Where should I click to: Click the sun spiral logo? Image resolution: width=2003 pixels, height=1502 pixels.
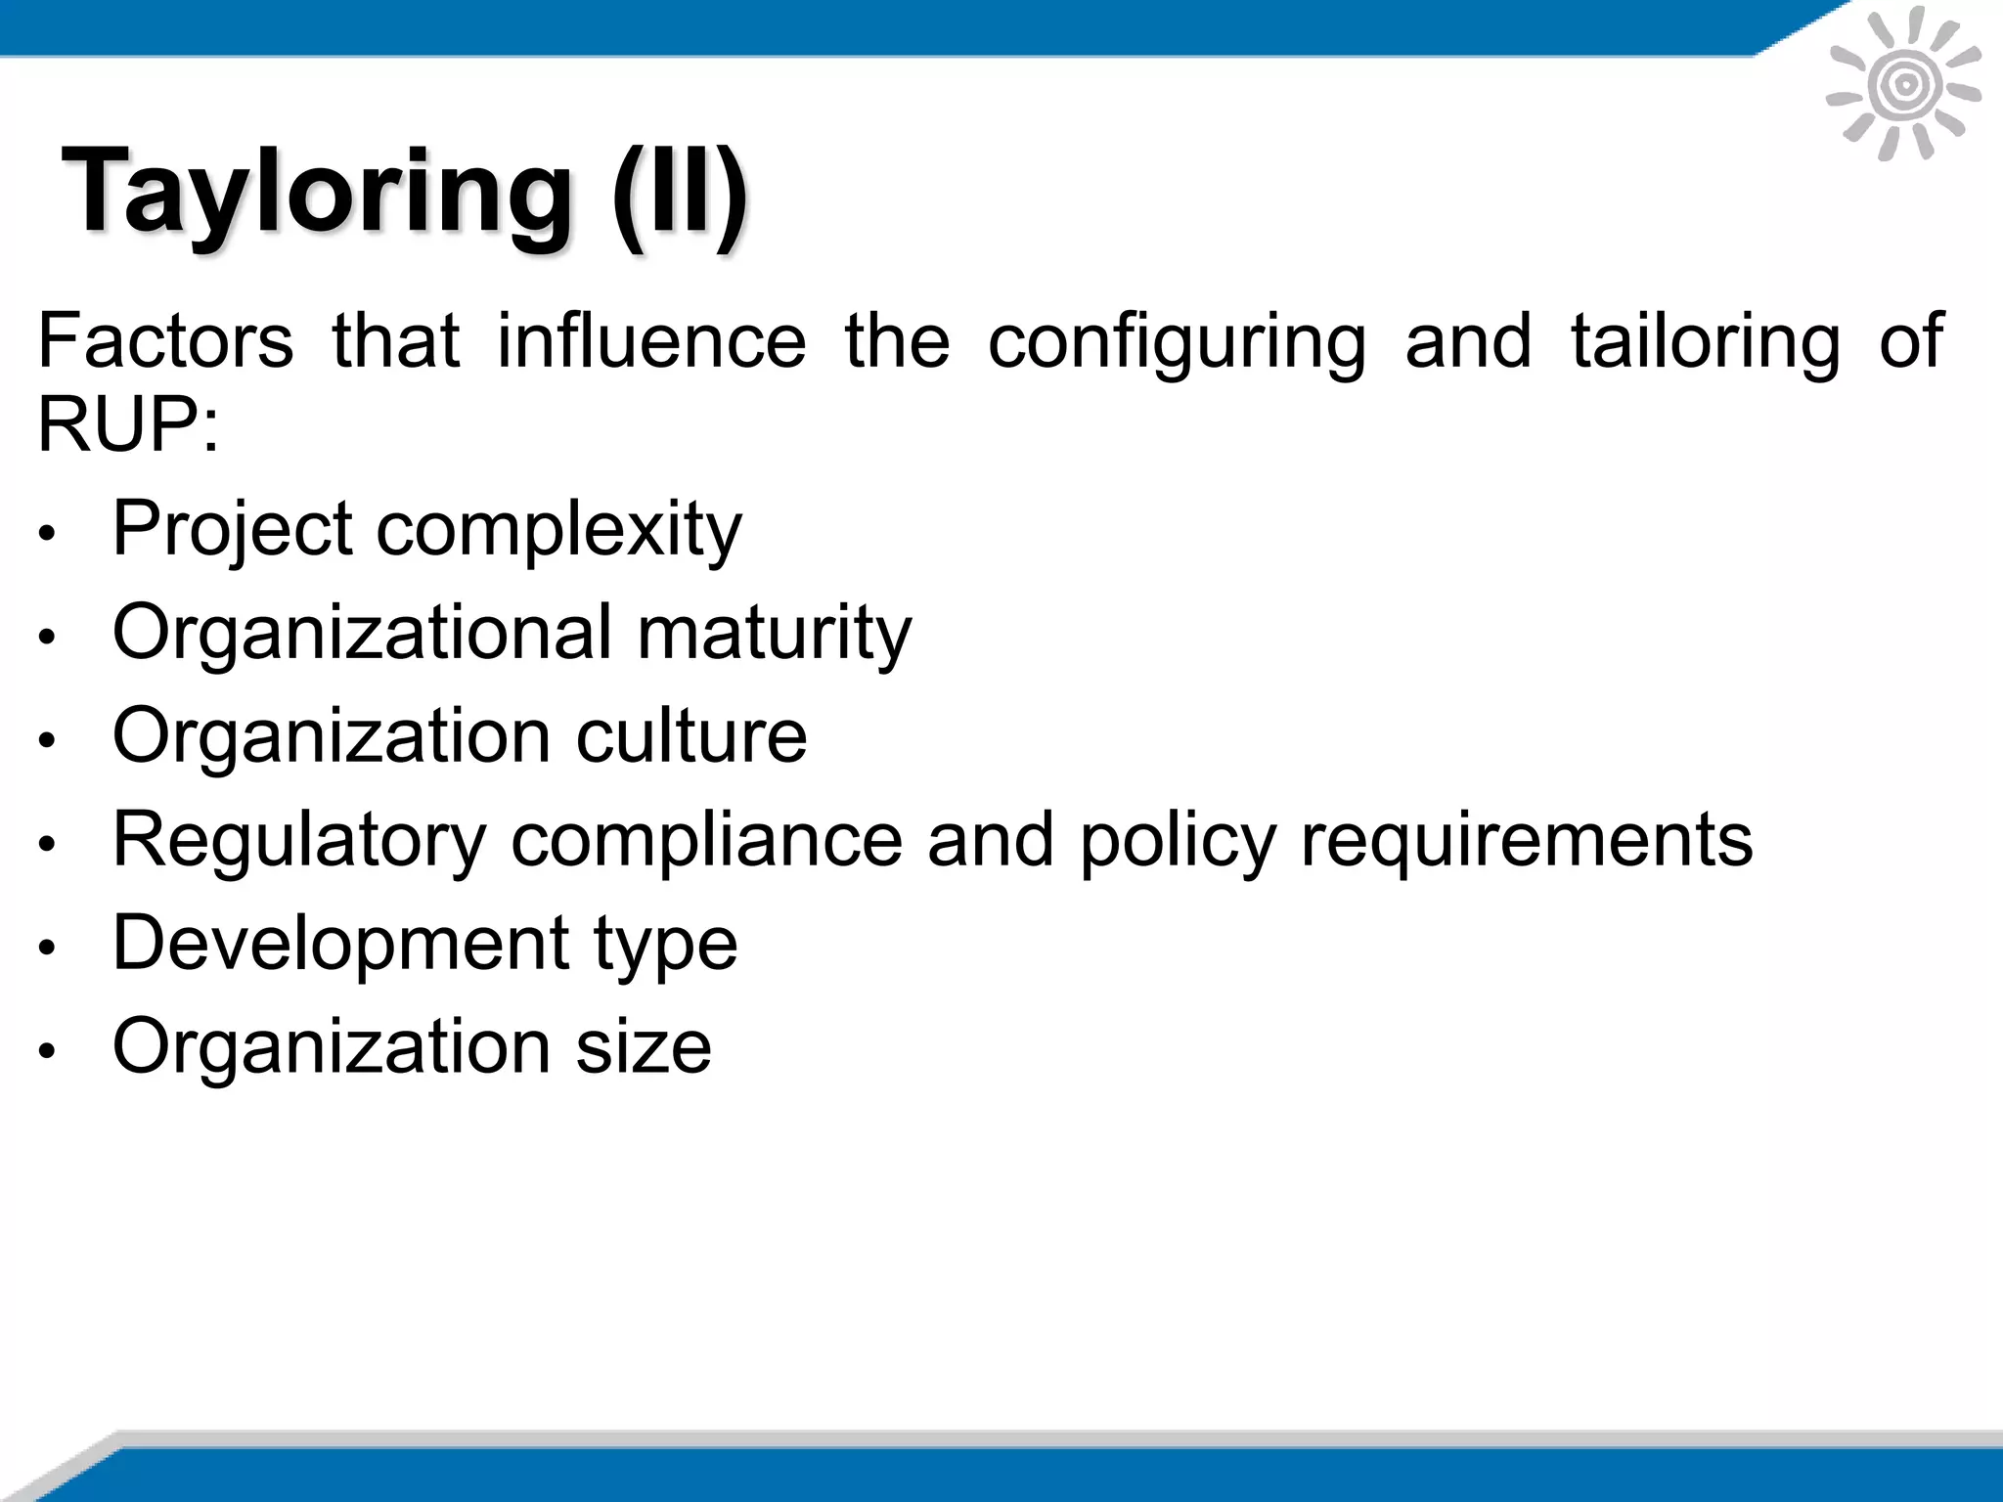click(1904, 85)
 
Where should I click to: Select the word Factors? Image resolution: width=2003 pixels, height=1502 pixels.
click(165, 340)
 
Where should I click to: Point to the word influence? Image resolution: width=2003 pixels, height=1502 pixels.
click(651, 340)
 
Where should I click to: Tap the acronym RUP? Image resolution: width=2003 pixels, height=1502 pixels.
click(128, 424)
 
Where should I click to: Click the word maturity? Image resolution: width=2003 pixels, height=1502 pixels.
click(775, 634)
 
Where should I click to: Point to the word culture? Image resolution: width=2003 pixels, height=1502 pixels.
click(690, 735)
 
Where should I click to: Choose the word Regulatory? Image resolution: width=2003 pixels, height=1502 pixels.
click(299, 841)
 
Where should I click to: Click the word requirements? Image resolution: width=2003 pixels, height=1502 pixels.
click(1526, 841)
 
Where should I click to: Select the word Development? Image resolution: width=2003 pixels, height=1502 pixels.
click(341, 945)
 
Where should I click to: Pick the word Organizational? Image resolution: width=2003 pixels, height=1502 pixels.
click(362, 634)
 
